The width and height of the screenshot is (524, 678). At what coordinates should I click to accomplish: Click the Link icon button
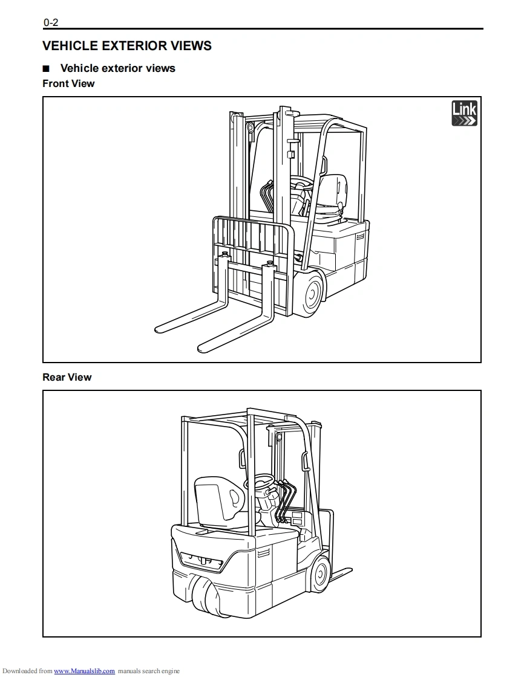pos(464,114)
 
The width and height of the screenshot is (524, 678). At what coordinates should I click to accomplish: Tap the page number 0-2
pos(50,23)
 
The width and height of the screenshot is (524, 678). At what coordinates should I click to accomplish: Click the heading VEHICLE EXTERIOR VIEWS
pos(127,45)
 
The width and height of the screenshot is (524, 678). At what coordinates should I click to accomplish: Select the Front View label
pos(68,83)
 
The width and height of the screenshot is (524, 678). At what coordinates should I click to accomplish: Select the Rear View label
pos(67,377)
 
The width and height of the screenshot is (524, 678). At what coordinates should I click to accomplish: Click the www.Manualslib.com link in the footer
pos(84,671)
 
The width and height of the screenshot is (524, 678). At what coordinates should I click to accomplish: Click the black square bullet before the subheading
pos(46,69)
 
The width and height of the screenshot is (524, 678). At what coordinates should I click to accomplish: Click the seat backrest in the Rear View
pos(217,499)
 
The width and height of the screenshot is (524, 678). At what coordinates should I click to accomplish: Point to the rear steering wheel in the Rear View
pos(205,596)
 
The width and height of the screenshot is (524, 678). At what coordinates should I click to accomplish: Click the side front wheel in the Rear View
pos(321,573)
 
